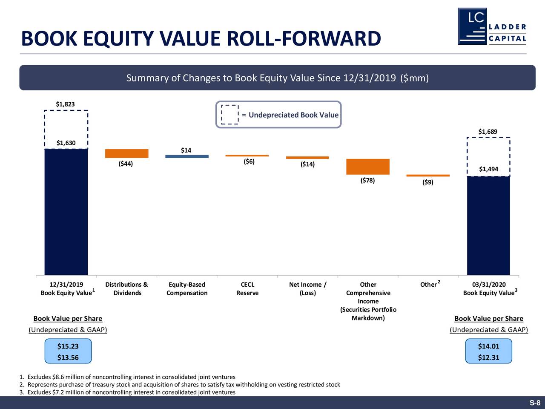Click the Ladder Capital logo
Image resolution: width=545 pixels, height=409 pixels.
pos(492,26)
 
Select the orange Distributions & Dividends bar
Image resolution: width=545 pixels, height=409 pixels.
pos(126,153)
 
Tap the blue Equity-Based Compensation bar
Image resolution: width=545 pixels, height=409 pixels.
pos(187,156)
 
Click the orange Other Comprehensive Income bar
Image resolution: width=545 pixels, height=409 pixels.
pos(368,167)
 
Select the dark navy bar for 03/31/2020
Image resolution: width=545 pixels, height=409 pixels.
pos(488,225)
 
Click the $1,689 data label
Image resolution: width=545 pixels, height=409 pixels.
pos(488,132)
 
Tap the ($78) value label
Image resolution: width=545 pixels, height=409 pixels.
pos(367,180)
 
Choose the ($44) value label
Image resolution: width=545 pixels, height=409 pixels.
pos(126,164)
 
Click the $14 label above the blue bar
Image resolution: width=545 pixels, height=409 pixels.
pos(186,150)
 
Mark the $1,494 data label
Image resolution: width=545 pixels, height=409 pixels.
pos(488,169)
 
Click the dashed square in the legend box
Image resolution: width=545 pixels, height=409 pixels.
pos(230,115)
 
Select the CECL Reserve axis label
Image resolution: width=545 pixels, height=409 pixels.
pos(247,289)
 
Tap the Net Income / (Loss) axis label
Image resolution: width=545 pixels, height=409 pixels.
pos(307,289)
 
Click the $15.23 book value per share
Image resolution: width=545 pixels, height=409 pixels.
pos(68,346)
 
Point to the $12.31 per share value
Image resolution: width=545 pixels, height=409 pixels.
pos(488,357)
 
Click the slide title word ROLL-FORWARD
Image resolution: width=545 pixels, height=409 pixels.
pos(304,39)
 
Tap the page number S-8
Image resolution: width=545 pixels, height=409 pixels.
pos(535,403)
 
